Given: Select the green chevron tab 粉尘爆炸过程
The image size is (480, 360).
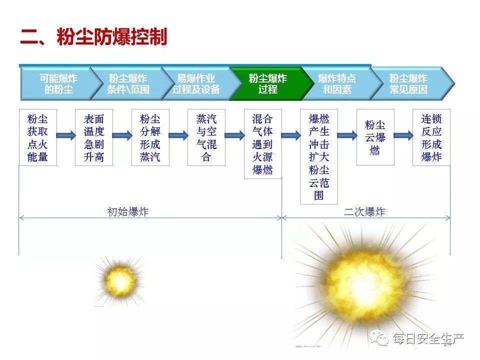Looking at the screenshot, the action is coord(267,84).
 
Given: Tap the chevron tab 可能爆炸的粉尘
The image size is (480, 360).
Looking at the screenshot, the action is coord(58,84).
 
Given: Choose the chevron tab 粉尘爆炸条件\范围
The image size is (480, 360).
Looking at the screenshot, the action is coord(127,84).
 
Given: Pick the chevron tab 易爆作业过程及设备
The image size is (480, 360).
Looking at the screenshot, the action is coord(196,84).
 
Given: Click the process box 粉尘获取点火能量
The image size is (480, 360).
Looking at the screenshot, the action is coord(37,138).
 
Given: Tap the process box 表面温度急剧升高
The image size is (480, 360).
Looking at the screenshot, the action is coord(93,138).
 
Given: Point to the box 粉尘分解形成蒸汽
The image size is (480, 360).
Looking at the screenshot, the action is coord(150,138).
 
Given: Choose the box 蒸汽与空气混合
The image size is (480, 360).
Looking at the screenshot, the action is coord(206,138).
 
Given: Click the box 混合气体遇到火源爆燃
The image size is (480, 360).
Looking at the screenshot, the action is coord(262,144).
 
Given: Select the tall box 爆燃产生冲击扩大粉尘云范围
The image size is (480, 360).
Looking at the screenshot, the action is coord(319,156).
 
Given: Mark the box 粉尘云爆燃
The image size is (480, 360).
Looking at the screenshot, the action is coord(375,137).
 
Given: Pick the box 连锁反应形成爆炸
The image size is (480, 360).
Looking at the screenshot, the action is coord(431,138).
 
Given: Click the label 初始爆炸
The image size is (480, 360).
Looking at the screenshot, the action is coord(128,212).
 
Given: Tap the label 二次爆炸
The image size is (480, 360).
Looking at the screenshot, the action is coord(364,212).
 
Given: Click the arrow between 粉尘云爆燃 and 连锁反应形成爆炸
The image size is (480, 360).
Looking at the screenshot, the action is coord(403,135).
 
